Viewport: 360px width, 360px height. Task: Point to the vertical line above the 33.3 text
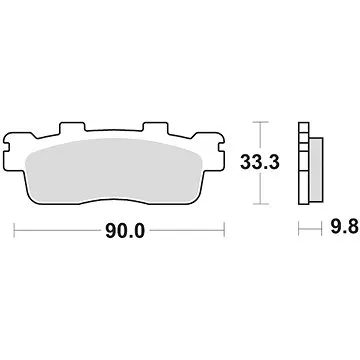(x=261, y=136)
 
